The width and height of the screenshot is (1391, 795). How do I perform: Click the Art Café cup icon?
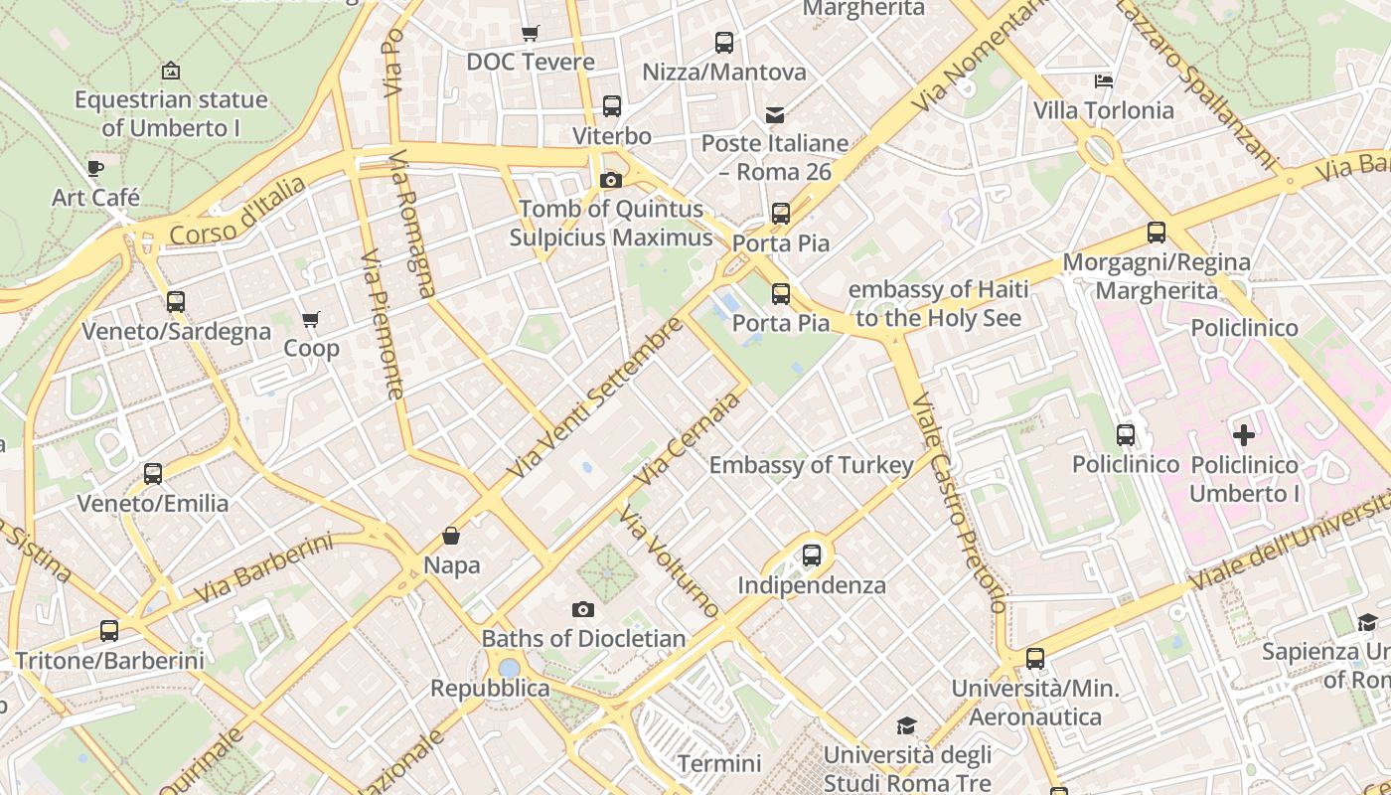(94, 168)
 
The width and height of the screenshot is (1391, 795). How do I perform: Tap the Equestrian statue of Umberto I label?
(171, 113)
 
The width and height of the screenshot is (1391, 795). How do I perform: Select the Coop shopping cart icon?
(310, 320)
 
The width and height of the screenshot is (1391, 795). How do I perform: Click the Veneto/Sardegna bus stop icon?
(176, 302)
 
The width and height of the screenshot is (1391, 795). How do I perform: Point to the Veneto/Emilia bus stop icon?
(153, 474)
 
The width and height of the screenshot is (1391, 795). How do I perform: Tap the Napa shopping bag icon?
(451, 537)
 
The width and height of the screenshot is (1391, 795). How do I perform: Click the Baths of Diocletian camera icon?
(583, 609)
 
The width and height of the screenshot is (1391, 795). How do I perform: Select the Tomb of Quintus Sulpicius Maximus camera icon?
(611, 180)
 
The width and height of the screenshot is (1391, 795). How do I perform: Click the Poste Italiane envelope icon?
(774, 114)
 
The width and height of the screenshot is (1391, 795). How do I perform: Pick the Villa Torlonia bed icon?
(1103, 81)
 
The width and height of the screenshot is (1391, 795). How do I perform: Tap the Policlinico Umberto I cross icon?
(1243, 435)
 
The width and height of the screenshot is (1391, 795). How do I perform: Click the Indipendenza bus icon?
(812, 556)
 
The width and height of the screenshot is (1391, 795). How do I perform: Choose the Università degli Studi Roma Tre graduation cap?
(906, 726)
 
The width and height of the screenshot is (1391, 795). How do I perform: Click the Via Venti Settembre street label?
(594, 397)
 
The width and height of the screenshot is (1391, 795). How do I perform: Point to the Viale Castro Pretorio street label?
(958, 502)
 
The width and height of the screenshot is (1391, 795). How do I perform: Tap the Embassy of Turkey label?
(811, 465)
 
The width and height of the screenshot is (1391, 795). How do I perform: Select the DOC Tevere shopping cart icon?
(531, 33)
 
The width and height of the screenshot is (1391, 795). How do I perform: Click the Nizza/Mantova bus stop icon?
(724, 43)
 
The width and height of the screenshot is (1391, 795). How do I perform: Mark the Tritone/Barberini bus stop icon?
(109, 631)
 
